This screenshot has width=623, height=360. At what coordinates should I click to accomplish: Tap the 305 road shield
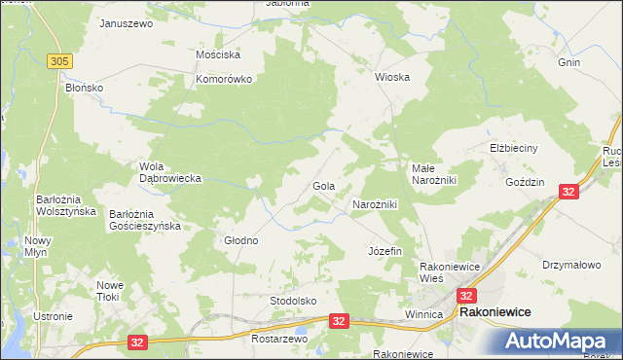click(x=59, y=61)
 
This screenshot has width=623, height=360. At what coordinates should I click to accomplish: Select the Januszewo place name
click(x=127, y=22)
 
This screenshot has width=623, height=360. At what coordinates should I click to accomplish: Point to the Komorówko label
click(x=224, y=80)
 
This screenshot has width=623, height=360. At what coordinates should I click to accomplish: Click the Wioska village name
click(x=392, y=76)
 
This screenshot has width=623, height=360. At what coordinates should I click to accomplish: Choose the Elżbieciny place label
click(x=513, y=149)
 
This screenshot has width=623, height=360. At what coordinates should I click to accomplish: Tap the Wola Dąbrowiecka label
click(x=170, y=172)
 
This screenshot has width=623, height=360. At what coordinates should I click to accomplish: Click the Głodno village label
click(x=241, y=240)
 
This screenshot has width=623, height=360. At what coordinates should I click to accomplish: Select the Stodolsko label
click(x=293, y=302)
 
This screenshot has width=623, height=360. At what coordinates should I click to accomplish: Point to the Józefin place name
click(x=385, y=251)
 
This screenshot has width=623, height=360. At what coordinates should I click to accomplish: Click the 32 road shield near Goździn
click(x=569, y=192)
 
